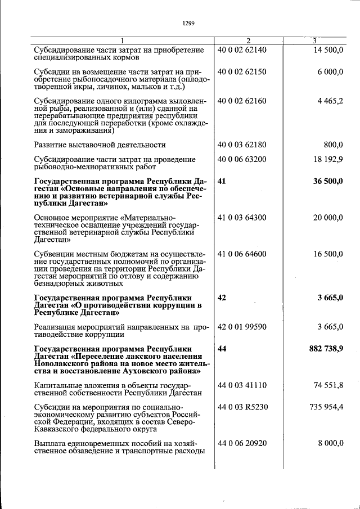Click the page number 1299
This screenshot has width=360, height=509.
(x=188, y=23)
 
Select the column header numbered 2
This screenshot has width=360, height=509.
(x=248, y=40)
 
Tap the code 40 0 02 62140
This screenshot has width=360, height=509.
(x=242, y=50)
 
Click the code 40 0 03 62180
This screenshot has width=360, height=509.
(x=242, y=145)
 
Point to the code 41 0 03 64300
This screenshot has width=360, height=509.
(x=242, y=217)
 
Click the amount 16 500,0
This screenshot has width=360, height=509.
(x=327, y=254)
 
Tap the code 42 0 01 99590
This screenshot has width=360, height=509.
(x=242, y=327)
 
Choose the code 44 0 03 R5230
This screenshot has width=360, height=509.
(x=242, y=407)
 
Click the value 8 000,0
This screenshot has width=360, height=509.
(x=330, y=443)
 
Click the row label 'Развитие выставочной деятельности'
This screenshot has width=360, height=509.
(x=100, y=145)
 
